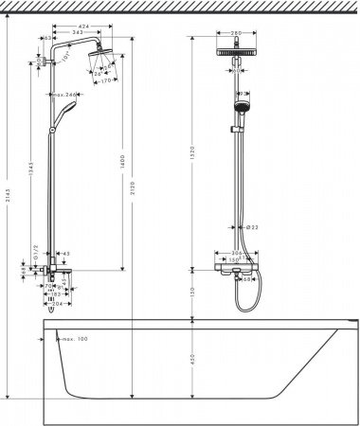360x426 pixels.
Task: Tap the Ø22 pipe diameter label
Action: point(253,228)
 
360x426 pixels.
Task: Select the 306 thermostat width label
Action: point(237,253)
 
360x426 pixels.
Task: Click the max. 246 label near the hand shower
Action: point(63,95)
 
